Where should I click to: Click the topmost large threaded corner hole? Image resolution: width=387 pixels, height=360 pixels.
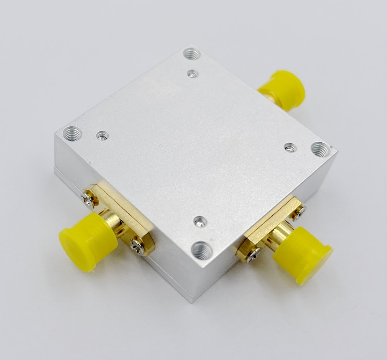tap(192, 54)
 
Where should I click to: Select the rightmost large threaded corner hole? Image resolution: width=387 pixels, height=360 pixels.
tap(320, 149)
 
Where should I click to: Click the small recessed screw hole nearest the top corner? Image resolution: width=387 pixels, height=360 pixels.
tap(193, 73)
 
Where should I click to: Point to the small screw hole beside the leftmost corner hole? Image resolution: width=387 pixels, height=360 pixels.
tap(102, 135)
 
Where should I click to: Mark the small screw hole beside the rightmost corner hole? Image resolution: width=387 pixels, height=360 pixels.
tap(290, 147)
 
